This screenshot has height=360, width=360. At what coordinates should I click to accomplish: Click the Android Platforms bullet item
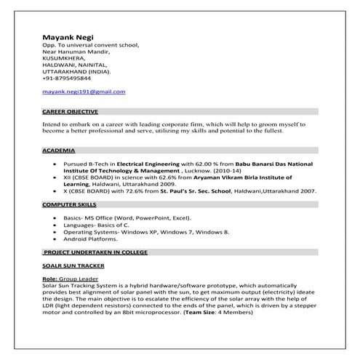[92, 238]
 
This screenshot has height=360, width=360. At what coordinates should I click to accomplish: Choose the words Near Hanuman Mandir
[76, 52]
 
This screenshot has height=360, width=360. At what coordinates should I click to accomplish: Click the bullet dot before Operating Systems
[56, 231]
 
